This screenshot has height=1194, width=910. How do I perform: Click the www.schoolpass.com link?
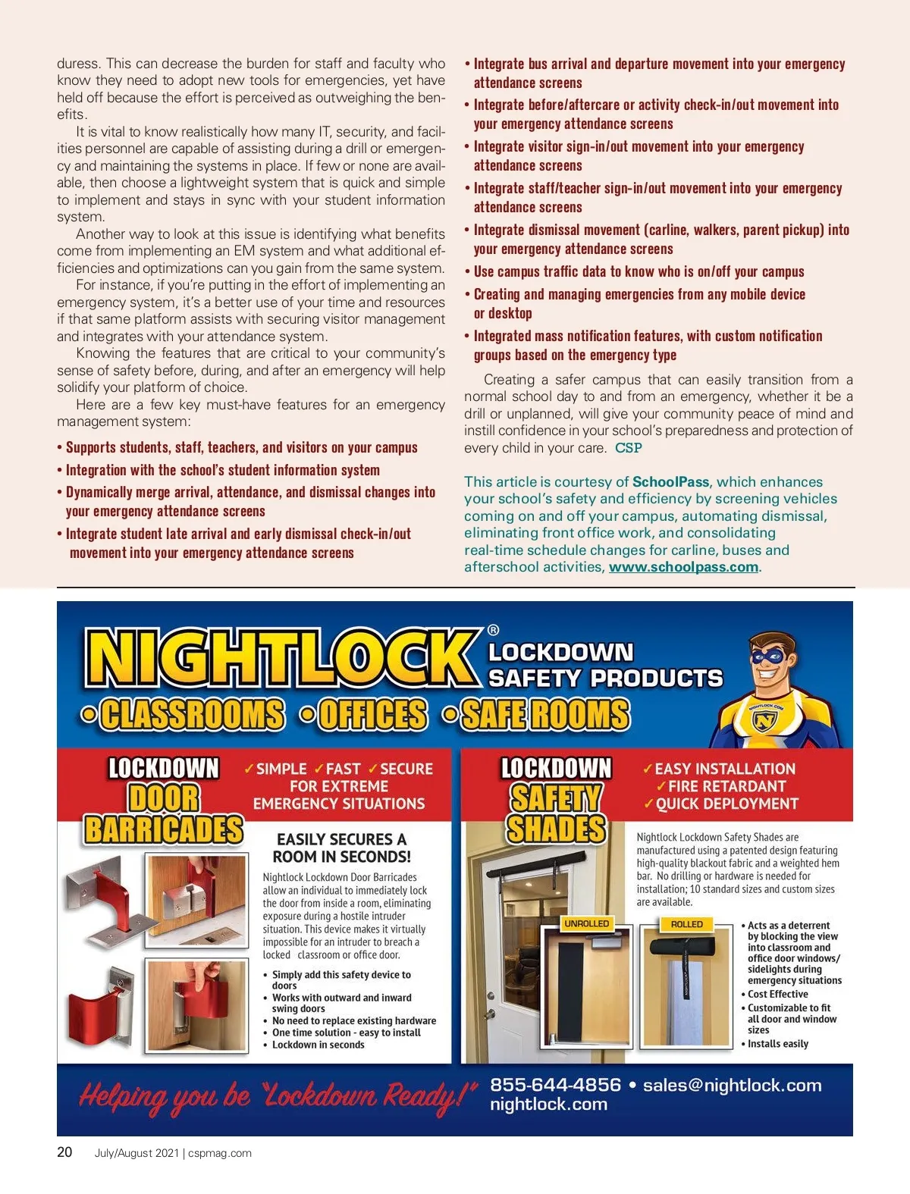click(x=683, y=567)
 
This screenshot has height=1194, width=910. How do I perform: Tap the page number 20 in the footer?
click(x=65, y=1152)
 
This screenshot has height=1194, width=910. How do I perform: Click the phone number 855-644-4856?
click(x=555, y=1085)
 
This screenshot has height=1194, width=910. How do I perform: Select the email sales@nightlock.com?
click(x=732, y=1085)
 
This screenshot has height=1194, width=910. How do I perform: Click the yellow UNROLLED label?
click(x=586, y=924)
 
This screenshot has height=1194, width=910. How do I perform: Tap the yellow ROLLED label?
click(x=686, y=924)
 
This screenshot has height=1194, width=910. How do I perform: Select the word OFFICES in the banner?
click(x=372, y=714)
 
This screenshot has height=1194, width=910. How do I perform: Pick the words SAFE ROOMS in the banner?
click(x=545, y=714)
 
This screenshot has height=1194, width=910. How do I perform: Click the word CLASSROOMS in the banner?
click(x=193, y=714)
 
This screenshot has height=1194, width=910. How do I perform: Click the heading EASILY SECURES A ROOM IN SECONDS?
click(x=341, y=848)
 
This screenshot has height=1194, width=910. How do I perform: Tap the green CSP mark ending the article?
click(x=629, y=448)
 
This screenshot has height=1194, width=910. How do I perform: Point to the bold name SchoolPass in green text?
click(x=670, y=482)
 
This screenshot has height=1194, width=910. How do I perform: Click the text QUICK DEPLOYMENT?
click(x=726, y=804)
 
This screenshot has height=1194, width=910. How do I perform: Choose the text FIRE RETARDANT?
click(x=726, y=786)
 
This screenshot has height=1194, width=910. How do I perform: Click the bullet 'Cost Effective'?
click(x=777, y=994)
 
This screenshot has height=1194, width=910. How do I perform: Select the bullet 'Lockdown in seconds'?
click(x=318, y=1045)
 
